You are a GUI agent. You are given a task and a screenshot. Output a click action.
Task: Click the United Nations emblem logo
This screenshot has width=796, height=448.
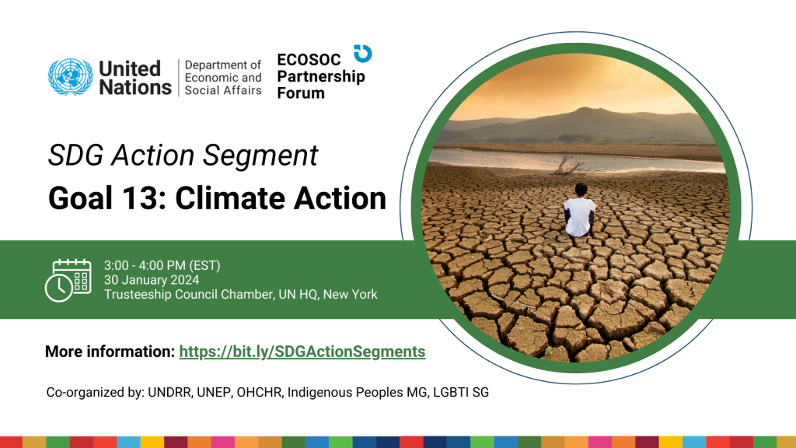[70, 78]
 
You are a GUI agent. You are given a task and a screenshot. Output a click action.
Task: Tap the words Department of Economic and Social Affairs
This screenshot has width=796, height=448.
[223, 78]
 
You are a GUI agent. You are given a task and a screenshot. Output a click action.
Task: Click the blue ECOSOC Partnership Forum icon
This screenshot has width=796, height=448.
[362, 54]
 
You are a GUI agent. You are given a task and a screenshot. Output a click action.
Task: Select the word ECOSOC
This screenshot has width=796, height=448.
[309, 61]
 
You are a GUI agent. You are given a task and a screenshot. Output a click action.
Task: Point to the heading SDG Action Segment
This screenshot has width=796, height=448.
[183, 156]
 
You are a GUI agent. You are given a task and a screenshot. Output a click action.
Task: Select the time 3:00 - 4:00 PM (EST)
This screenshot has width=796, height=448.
[162, 265]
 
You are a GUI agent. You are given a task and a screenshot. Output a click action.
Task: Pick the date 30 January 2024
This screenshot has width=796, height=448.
[152, 280]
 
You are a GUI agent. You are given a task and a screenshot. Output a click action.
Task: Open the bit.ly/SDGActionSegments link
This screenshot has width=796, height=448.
[302, 352]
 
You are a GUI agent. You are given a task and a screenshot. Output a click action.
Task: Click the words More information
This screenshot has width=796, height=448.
[109, 352]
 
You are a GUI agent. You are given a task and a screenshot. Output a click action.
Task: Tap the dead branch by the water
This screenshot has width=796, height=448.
[571, 165]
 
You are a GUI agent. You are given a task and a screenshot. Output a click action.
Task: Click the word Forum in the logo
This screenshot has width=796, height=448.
[301, 93]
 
